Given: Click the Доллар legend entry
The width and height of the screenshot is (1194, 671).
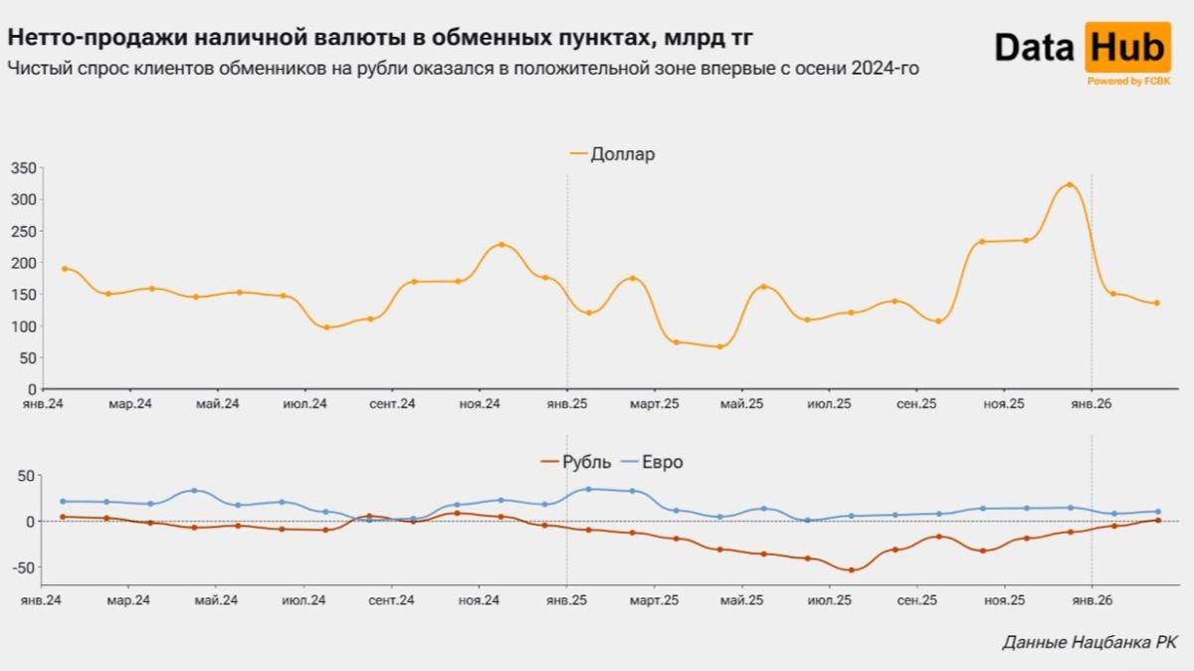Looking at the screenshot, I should tap(622, 154).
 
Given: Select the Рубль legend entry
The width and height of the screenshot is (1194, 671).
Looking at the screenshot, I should tap(583, 462).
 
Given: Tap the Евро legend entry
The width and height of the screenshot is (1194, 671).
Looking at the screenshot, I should tap(663, 462).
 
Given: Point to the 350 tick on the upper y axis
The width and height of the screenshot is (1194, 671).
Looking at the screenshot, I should tap(23, 168).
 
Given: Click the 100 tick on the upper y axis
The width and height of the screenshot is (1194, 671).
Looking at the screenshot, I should tap(23, 327).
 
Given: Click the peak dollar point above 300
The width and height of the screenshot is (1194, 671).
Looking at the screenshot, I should tap(1069, 185).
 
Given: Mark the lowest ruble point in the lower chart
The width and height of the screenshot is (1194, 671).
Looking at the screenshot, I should tap(851, 570).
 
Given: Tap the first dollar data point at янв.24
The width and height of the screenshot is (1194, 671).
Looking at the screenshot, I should tap(65, 269).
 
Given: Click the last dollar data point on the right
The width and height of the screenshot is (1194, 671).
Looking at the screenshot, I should tap(1156, 304).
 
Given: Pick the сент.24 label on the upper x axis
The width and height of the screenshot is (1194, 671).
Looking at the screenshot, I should tap(392, 404).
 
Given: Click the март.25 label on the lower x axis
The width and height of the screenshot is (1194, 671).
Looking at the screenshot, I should tap(655, 600).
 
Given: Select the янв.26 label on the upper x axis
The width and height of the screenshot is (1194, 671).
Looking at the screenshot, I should tap(1092, 404).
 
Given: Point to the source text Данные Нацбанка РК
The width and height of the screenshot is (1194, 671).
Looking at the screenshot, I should tap(1089, 643).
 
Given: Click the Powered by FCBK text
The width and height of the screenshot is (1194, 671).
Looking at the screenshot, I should tap(1128, 81).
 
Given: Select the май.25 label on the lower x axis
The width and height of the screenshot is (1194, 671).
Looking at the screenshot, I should tap(741, 600).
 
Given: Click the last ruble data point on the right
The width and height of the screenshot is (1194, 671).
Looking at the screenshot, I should tap(1156, 520).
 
